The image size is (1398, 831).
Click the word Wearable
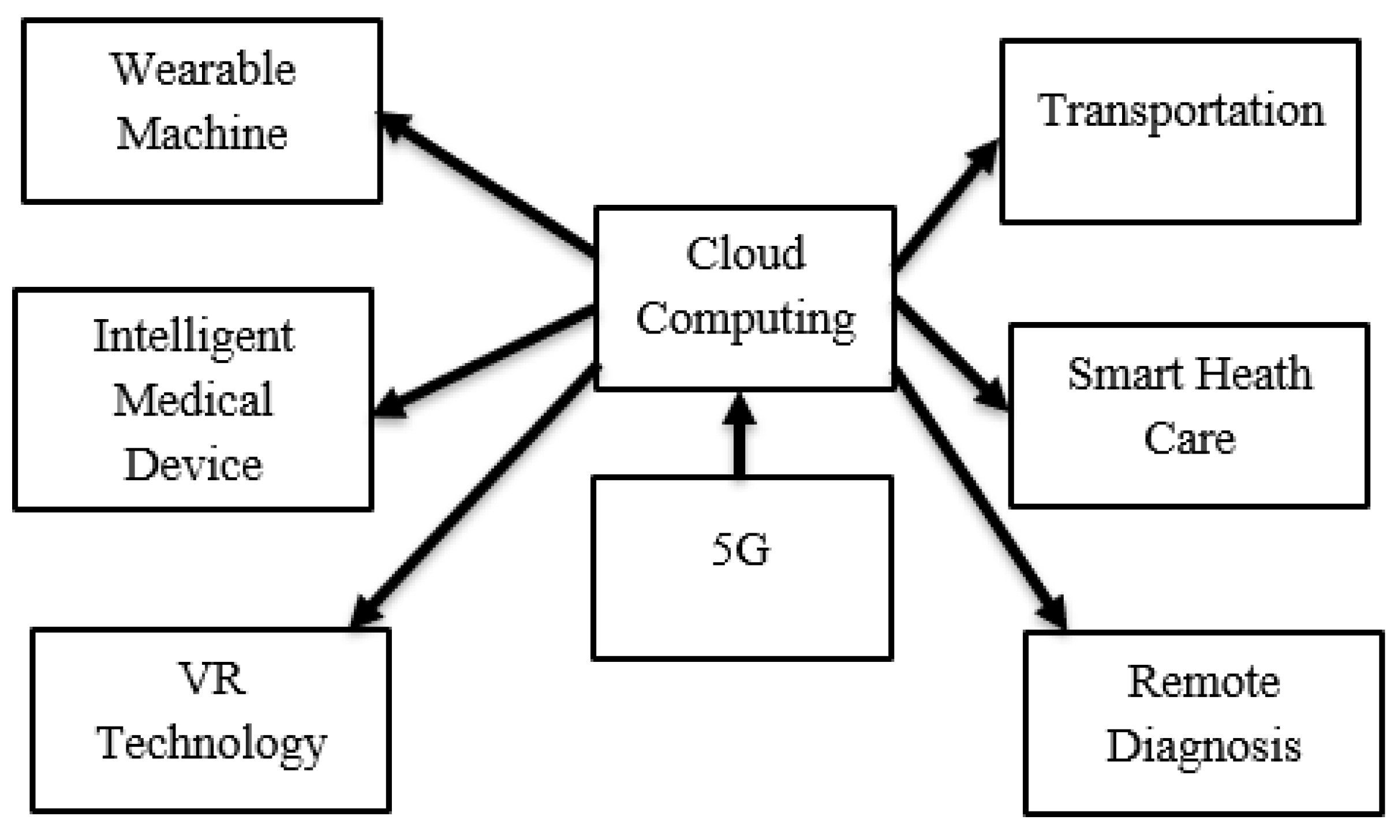[203, 70]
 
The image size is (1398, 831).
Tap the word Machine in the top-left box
[202, 134]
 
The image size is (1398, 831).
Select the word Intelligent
[194, 338]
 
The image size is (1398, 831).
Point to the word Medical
[193, 400]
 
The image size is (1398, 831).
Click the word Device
[193, 465]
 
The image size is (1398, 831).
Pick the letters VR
[212, 679]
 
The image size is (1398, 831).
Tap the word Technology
[212, 744]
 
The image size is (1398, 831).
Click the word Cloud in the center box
[745, 254]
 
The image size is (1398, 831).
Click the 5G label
[741, 549]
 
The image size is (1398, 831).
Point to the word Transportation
[1181, 111]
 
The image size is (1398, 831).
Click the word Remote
[1203, 683]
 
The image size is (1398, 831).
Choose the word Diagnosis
[1203, 746]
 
